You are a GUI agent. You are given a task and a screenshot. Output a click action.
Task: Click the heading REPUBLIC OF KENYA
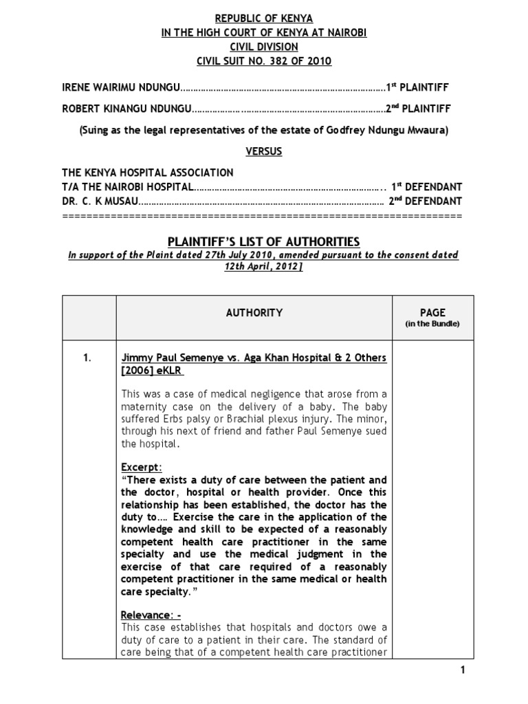(264, 19)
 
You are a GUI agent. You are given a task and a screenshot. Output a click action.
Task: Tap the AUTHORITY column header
(254, 313)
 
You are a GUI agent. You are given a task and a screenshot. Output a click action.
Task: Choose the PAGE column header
(433, 312)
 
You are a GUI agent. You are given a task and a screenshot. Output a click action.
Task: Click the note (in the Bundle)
(433, 324)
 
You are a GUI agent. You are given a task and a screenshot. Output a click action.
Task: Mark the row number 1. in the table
(89, 357)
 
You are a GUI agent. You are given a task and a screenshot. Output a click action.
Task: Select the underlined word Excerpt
(140, 467)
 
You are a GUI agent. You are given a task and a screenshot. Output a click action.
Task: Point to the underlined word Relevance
(146, 614)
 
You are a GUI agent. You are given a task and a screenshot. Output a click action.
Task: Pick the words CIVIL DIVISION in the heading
(264, 47)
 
